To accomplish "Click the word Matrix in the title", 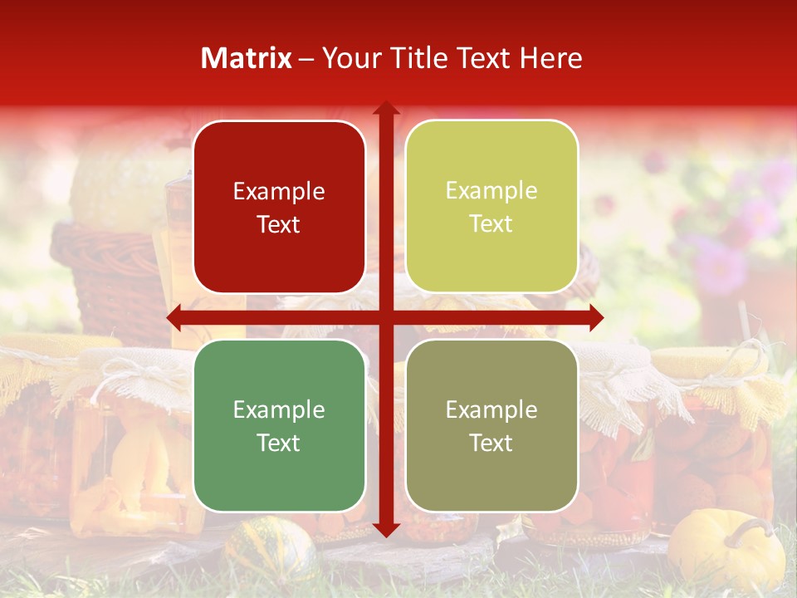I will (x=247, y=58).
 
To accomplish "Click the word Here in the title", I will (x=551, y=58).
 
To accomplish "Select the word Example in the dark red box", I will (x=279, y=192).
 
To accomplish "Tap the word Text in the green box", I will (x=279, y=443).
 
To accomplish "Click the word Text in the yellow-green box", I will (x=491, y=223).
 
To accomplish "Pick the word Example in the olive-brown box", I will (x=491, y=409).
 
